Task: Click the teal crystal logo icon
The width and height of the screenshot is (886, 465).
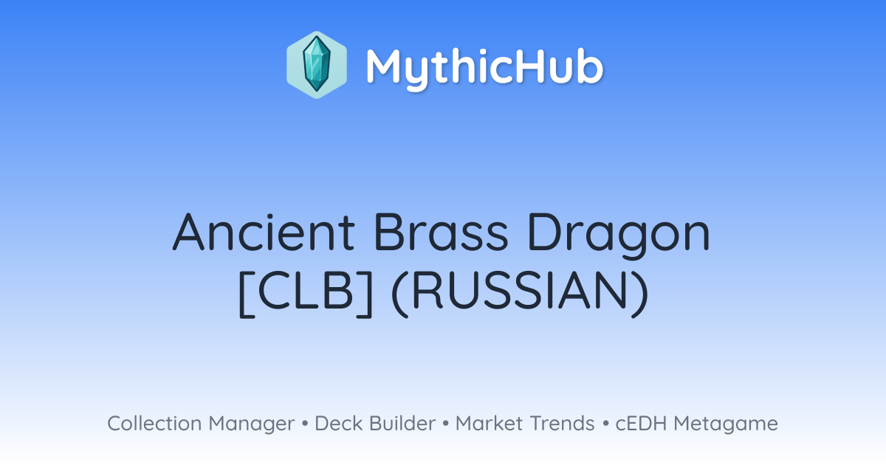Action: [317, 65]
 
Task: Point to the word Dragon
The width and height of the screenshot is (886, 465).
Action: [619, 235]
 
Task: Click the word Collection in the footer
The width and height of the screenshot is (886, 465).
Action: [154, 423]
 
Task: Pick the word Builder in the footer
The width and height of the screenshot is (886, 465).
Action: [402, 423]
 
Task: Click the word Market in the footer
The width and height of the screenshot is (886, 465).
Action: [490, 423]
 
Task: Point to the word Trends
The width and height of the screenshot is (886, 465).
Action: [562, 423]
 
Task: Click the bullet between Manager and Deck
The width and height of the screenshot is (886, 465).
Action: [305, 424]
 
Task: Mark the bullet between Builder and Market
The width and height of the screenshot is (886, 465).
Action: [446, 424]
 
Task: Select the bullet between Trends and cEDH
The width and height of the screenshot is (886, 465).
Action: [605, 424]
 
